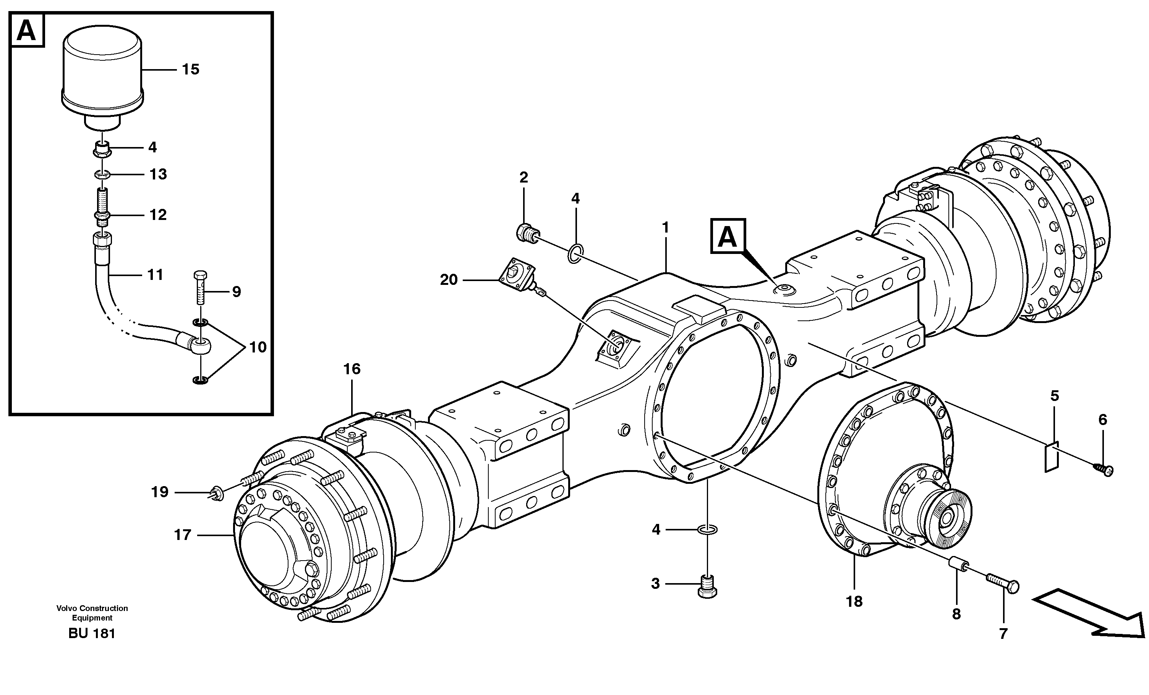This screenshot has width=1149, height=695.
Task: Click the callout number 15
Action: click(190, 69)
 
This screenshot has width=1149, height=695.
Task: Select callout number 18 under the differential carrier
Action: click(854, 602)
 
